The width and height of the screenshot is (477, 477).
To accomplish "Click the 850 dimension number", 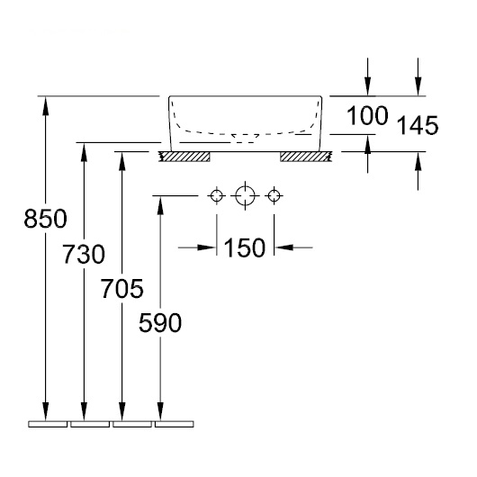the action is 45,219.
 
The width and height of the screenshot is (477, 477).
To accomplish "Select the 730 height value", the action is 84,254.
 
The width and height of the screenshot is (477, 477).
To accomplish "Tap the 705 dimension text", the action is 122,288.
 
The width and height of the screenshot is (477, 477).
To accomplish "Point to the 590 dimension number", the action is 160,322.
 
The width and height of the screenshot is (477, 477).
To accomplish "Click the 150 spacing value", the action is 245,247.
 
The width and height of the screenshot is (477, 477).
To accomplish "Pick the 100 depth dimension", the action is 367,115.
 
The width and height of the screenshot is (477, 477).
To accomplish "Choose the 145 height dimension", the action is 418,125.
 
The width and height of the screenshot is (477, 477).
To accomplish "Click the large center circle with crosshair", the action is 245,195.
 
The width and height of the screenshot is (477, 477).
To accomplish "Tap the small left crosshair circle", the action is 217,195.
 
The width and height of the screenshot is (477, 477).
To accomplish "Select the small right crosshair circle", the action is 274,195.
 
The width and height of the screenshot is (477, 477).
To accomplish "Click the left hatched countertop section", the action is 184,157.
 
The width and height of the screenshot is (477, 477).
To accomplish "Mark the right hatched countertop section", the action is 305,157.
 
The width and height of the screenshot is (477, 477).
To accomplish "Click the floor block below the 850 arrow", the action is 48,424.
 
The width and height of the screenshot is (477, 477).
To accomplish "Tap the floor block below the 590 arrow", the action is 175,424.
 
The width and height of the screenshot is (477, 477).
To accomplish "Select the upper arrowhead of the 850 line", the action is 45,105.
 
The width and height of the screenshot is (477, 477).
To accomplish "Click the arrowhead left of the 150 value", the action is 206,247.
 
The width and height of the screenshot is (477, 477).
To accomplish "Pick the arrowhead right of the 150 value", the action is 284,247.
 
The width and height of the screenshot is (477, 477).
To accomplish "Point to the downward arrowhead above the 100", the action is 368,86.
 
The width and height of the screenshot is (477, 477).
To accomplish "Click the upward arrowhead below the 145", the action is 418,160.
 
